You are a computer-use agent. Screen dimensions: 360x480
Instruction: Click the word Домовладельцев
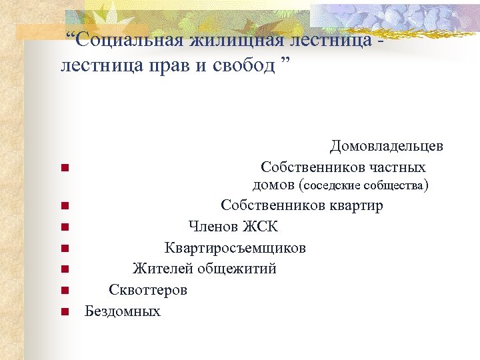(387, 146)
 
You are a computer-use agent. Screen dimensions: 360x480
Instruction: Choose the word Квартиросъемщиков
(235, 248)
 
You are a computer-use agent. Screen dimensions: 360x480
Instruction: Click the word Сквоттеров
(148, 290)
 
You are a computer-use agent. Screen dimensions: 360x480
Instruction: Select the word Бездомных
(123, 311)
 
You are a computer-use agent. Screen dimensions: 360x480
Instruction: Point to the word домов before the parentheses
(274, 185)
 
